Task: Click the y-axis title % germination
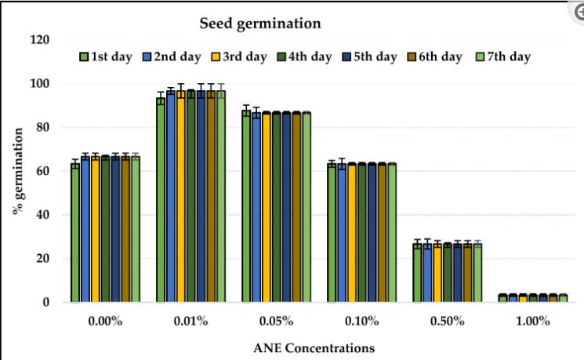(x=16, y=171)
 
